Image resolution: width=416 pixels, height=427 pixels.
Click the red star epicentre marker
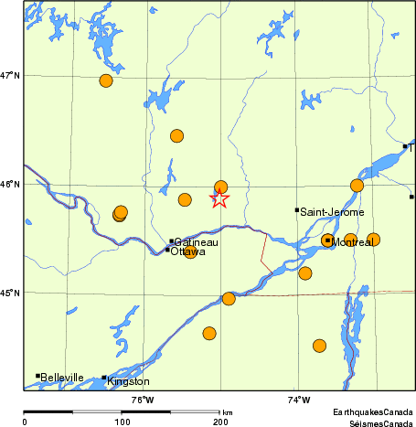click(219, 197)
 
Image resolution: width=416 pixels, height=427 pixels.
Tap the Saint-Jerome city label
click(332, 212)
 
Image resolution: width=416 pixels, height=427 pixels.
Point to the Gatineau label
click(196, 242)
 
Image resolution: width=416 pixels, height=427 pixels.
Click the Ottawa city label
click(189, 251)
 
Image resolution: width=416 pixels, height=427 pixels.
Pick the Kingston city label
click(128, 381)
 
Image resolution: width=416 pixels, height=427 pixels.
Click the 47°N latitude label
click(10, 75)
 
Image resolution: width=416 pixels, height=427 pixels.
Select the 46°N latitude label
click(10, 185)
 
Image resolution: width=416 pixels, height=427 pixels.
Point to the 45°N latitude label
click(10, 293)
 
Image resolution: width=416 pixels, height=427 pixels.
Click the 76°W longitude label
click(142, 399)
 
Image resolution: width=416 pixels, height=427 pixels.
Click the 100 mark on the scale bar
click(122, 422)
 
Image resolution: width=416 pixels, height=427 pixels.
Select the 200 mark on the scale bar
click(219, 422)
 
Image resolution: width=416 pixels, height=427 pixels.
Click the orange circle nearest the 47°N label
click(106, 80)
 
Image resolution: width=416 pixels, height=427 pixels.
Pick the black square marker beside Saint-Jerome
click(297, 210)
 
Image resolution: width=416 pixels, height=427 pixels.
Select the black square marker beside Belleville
click(37, 376)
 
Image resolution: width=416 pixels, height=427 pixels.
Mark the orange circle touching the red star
click(220, 187)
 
